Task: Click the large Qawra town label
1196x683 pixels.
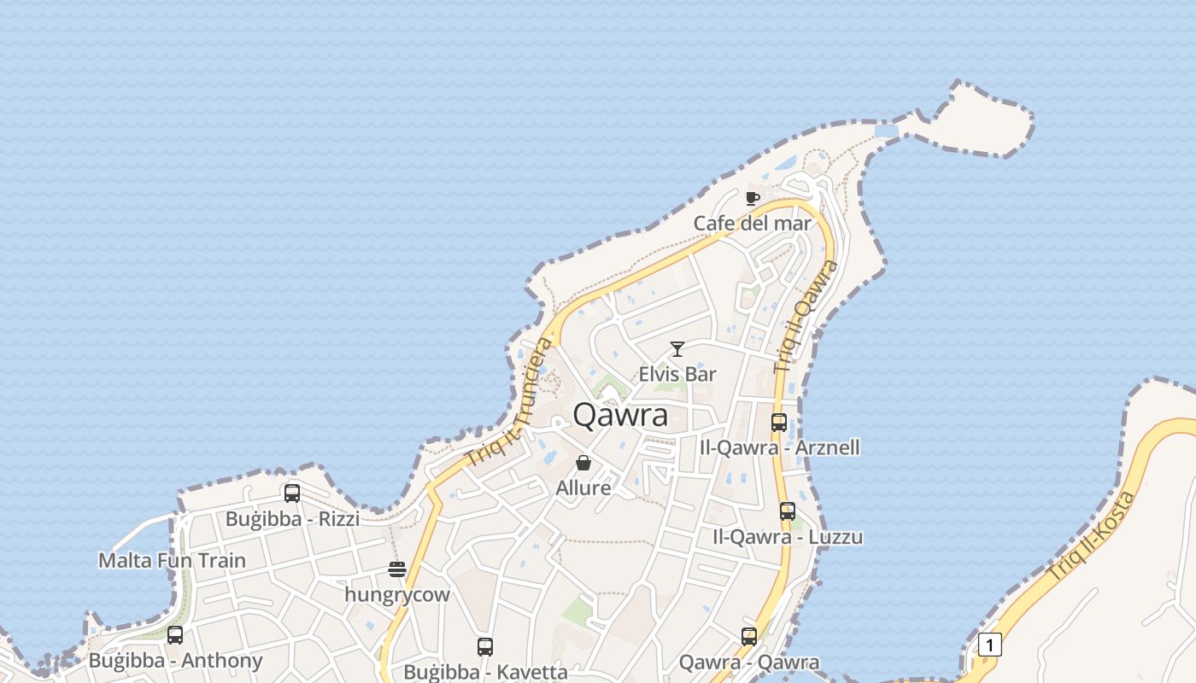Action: tap(620, 415)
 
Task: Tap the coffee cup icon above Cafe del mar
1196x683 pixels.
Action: tap(752, 199)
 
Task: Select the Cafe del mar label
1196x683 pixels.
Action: tap(752, 224)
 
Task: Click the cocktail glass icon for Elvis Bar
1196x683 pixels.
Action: tap(677, 348)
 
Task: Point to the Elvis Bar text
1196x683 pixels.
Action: tap(677, 374)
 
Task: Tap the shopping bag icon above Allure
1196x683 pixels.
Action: tap(583, 463)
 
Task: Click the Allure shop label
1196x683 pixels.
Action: tap(583, 488)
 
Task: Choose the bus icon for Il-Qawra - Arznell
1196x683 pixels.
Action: tap(779, 422)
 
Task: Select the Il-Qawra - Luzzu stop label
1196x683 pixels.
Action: tap(788, 537)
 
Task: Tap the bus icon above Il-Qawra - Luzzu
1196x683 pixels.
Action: tap(788, 511)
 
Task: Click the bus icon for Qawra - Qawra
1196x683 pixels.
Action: tap(749, 636)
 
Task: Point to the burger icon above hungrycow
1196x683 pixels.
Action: tap(397, 569)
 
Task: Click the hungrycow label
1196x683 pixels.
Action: tap(397, 595)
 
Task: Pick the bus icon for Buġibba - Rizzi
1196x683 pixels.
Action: tap(292, 493)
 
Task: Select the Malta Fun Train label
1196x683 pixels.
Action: tap(172, 561)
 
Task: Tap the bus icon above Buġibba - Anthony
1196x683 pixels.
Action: tap(175, 635)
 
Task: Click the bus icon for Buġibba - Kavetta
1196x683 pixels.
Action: tap(485, 647)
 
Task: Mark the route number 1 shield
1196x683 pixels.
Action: tap(989, 645)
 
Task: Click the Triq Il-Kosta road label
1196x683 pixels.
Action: tap(1093, 537)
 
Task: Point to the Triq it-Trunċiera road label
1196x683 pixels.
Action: tap(510, 402)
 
